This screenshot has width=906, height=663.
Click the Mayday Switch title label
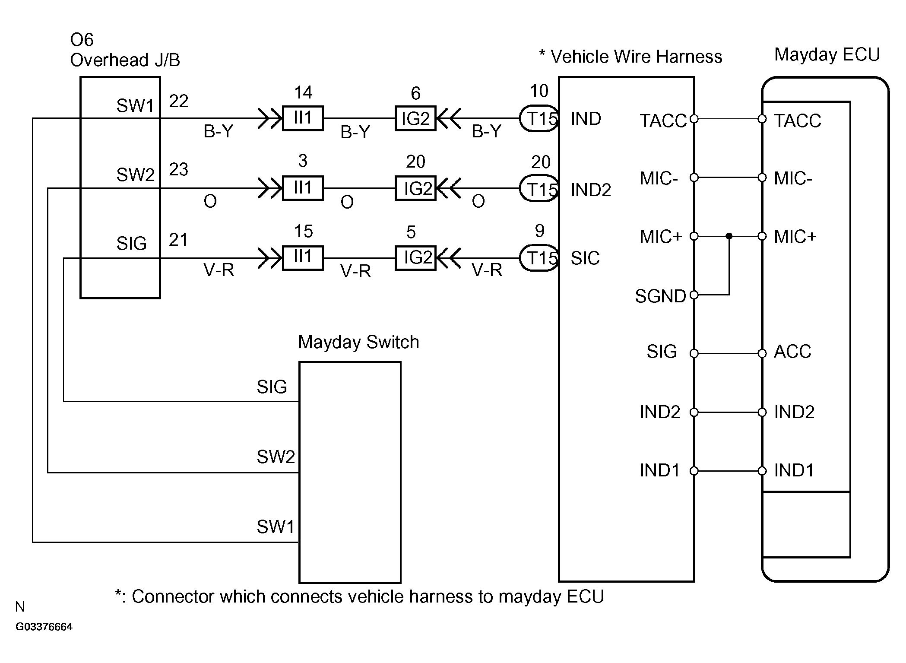358,342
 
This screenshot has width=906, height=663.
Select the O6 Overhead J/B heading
125,50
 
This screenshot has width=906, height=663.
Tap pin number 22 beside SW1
178,101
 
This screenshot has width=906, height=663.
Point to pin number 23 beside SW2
178,169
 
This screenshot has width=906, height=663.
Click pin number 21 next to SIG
178,240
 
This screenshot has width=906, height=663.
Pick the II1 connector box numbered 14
303,118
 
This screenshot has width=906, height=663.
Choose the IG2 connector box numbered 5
415,258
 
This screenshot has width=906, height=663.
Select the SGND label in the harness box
660,296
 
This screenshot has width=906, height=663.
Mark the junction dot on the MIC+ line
729,236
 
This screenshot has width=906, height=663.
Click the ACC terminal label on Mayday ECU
792,352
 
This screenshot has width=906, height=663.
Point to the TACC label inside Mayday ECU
797,121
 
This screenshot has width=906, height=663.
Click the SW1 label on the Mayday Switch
276,527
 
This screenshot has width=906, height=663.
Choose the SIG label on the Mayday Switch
272,387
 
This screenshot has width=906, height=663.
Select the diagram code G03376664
44,627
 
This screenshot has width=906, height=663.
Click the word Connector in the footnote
173,596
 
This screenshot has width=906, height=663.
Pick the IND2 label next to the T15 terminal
591,190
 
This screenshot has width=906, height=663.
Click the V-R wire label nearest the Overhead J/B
219,270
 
